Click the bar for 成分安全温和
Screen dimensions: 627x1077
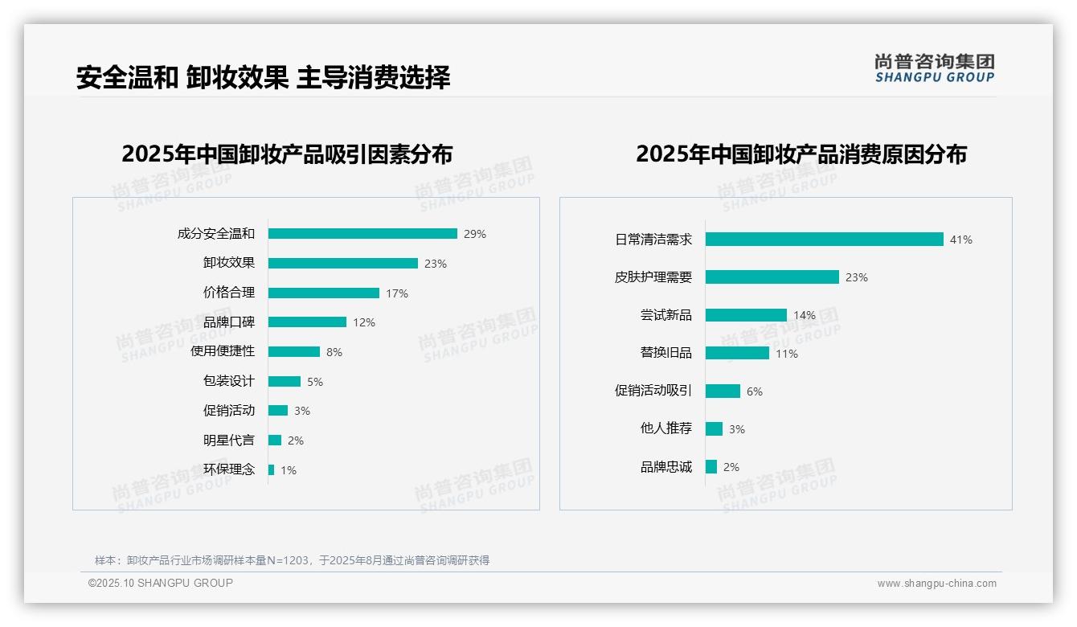[362, 234]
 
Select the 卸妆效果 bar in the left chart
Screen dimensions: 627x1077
[343, 263]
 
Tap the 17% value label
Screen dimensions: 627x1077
[397, 293]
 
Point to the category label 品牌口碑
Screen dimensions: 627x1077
[229, 322]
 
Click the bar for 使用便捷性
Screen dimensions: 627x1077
[294, 351]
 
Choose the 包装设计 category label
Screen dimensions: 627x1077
[229, 381]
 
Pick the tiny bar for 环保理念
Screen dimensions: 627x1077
[272, 469]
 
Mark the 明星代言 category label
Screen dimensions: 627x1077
[229, 440]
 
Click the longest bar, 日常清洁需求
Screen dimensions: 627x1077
[824, 240]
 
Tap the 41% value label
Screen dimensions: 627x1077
[961, 240]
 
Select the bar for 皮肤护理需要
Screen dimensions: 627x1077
[772, 277]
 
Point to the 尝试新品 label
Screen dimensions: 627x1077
[665, 315]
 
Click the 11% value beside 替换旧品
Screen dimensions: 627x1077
[787, 354]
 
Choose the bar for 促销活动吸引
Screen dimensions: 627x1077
[723, 391]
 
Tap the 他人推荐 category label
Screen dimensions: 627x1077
[665, 428]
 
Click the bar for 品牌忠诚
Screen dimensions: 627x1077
[711, 466]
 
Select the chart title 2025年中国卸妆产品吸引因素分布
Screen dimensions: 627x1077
[287, 154]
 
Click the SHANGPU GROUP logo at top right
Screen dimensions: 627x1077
[935, 68]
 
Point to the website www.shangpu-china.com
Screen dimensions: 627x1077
[936, 584]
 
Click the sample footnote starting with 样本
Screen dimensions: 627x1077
[292, 560]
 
